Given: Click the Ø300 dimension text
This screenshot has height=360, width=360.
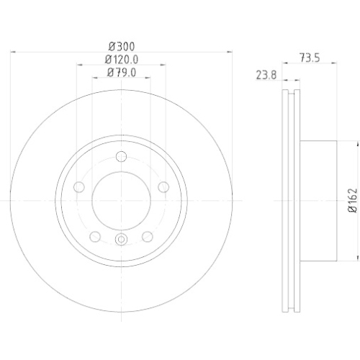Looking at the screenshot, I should click(x=121, y=45).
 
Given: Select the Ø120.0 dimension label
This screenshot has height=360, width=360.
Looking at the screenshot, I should click(x=121, y=59).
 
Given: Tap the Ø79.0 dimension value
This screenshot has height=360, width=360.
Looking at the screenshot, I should click(x=121, y=72).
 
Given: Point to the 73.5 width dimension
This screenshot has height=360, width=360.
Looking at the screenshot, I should click(x=310, y=57).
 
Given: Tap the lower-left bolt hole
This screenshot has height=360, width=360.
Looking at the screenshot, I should click(x=95, y=236).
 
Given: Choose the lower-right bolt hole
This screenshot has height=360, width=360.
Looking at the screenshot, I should click(x=147, y=236).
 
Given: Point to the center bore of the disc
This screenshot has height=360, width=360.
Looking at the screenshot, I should click(x=121, y=199).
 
